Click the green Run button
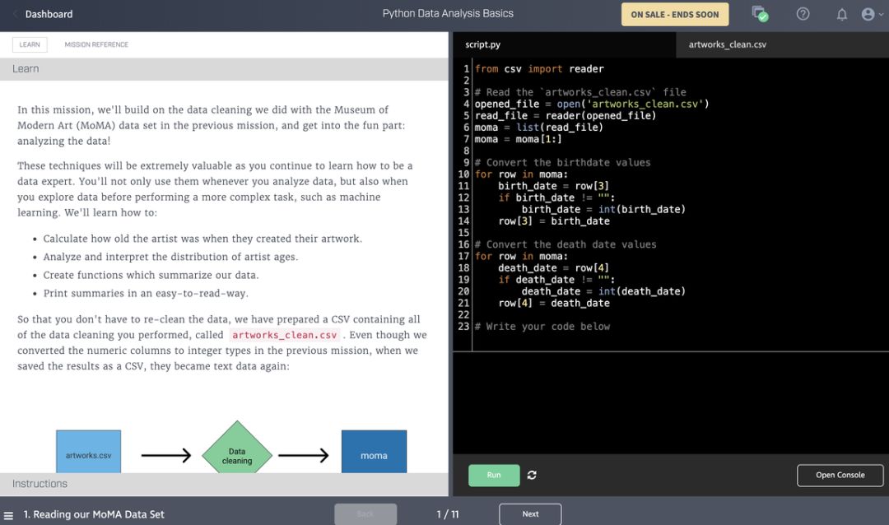tap(494, 475)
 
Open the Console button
tap(840, 475)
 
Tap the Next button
tap(530, 514)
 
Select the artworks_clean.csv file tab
tap(727, 44)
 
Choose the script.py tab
tap(482, 44)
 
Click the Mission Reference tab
tap(96, 44)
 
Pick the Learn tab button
tap(30, 44)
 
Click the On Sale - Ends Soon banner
tap(674, 14)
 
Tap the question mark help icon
tap(803, 14)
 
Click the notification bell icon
tap(841, 14)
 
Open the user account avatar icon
tap(868, 14)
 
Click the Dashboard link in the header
tap(48, 14)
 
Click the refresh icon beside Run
tap(532, 475)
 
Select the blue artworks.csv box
tap(88, 452)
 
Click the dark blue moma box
tap(374, 452)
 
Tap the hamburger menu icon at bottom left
tap(9, 515)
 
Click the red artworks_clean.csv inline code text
tap(285, 335)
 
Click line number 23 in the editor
tap(463, 327)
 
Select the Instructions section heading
tap(40, 484)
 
